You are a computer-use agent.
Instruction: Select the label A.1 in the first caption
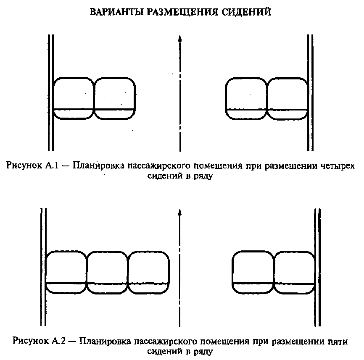tap(52, 166)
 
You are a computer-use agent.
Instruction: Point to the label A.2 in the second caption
tap(59, 341)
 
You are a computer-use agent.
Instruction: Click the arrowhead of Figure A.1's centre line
tap(179, 38)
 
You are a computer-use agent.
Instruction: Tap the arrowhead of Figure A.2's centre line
tap(179, 212)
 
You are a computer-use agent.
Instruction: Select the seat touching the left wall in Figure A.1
tap(74, 98)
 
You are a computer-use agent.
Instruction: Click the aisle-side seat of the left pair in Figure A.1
tap(115, 98)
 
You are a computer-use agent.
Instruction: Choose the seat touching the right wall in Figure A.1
tap(288, 99)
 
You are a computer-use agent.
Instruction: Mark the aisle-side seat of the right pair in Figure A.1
tap(247, 99)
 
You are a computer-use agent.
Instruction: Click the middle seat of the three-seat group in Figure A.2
tap(107, 272)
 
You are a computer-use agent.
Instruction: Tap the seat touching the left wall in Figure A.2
tap(66, 272)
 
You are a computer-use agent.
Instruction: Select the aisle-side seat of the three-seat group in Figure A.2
tap(148, 272)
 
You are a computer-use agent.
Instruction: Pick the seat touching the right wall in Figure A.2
tap(295, 272)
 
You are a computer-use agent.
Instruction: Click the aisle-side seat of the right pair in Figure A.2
tap(253, 272)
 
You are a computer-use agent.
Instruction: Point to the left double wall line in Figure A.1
tap(51, 93)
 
